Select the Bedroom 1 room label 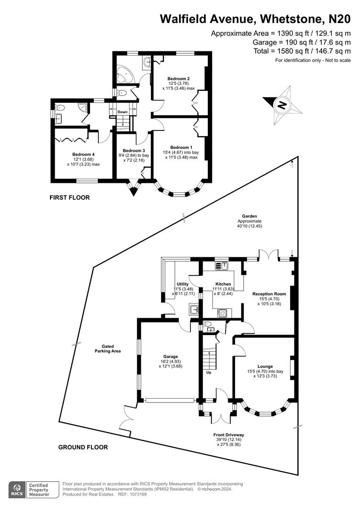tap(181, 148)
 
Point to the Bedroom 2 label tap(179, 78)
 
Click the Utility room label tap(182, 284)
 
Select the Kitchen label tap(223, 284)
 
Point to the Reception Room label tap(269, 294)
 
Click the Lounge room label tap(265, 366)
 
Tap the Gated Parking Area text tap(104, 349)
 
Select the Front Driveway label tap(229, 435)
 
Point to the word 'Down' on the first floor tap(123, 112)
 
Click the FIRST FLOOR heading tap(69, 197)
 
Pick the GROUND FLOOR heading tap(83, 447)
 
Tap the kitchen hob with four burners tap(222, 312)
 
